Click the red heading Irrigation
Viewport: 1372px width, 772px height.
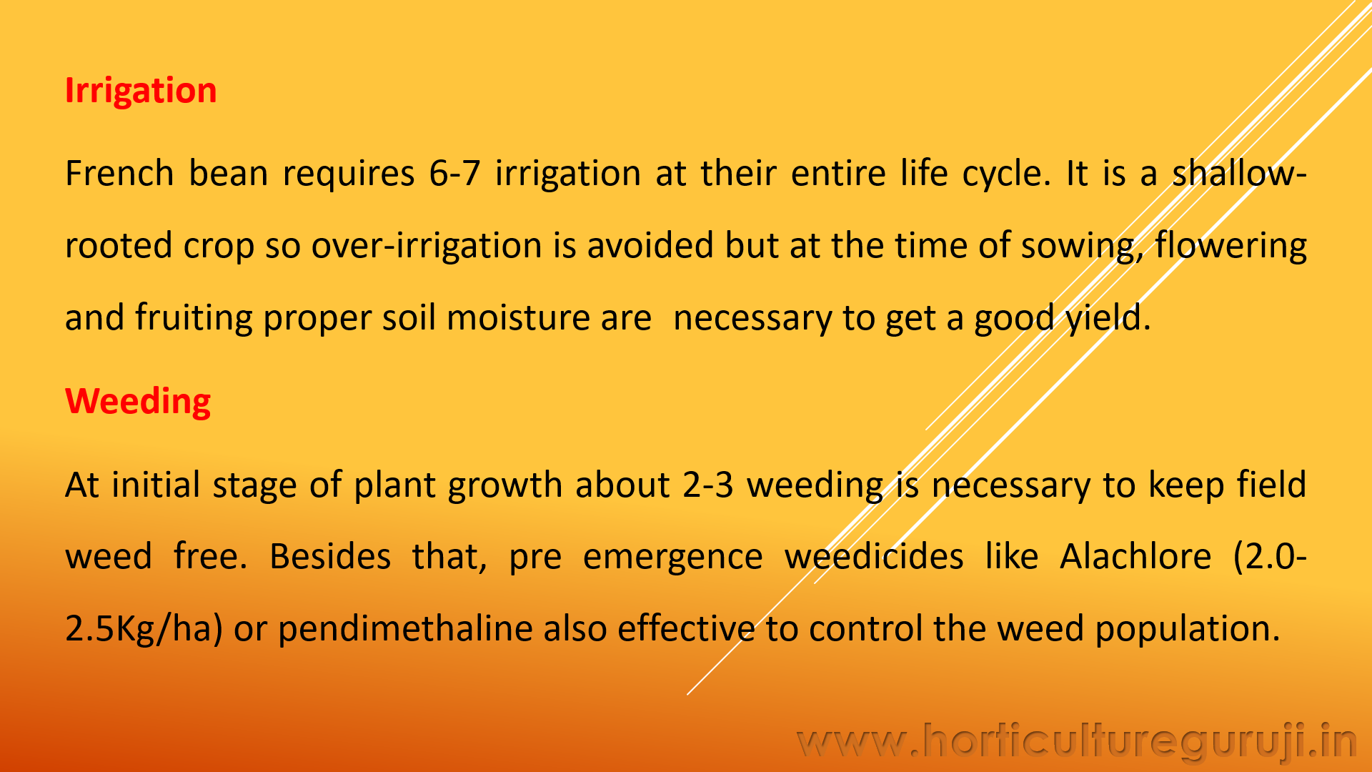(141, 91)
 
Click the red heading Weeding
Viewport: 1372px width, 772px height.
(138, 402)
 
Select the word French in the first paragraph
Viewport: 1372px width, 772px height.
(119, 173)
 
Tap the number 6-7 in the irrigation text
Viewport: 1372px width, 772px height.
(454, 173)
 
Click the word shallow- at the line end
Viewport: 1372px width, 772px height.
(1239, 173)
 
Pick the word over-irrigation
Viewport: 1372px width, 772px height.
(427, 245)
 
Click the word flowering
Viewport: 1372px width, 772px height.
(1231, 246)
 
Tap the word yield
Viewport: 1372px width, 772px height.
(1108, 318)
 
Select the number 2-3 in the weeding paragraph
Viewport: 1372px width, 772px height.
(708, 485)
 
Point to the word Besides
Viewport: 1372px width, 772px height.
(330, 556)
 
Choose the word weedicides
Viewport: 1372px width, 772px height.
(874, 556)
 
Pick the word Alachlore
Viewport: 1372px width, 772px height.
(1135, 556)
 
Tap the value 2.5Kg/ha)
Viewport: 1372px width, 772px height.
(144, 629)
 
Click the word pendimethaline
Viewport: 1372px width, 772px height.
(405, 629)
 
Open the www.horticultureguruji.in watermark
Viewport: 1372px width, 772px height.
(1077, 742)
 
